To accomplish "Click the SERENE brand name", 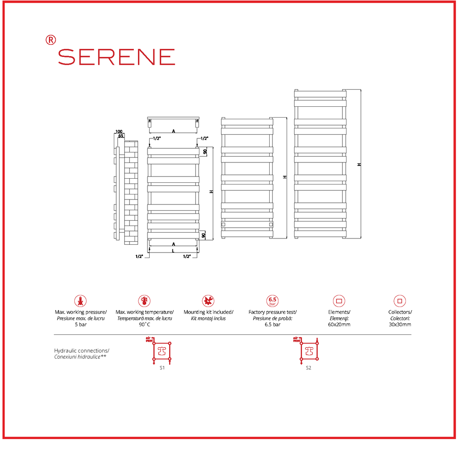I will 116,57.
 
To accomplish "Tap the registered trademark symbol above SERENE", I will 50,40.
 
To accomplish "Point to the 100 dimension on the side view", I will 119,132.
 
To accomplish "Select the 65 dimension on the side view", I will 121,136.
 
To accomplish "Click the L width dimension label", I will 173,251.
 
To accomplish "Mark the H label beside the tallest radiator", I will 359,165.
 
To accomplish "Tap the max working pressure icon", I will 80,301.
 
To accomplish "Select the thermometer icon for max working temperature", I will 144,301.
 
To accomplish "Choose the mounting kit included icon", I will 208,301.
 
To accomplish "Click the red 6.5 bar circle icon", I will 272,301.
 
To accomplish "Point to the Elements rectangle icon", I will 339,301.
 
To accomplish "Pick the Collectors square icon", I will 400,301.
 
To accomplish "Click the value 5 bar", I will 81,324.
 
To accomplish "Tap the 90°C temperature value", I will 144,324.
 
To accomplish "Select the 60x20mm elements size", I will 339,324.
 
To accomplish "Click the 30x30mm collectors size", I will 400,324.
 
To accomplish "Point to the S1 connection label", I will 162,368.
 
